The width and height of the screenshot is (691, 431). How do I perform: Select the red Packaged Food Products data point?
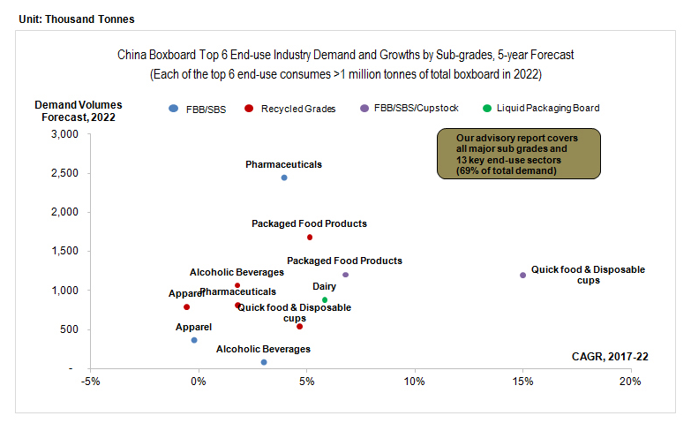coord(310,238)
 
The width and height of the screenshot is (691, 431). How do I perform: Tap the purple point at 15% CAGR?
coord(522,276)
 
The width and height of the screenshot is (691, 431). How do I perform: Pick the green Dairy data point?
coord(325,300)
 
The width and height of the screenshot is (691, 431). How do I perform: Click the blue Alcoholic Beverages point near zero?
coord(264,362)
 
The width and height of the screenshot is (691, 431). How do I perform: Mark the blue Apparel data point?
coord(194,340)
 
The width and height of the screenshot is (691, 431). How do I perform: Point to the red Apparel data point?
coord(186,307)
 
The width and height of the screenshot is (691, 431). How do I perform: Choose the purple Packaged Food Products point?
coord(345,275)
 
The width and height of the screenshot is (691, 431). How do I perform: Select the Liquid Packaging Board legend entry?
coord(541,109)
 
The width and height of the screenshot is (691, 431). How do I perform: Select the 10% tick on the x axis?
coord(414,382)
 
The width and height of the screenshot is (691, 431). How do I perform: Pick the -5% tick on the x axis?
coord(89,382)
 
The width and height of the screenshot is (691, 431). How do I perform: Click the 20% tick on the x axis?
coord(629,382)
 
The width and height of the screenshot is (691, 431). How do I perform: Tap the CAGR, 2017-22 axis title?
coord(610,357)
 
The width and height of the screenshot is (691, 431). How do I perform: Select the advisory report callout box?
coord(518,154)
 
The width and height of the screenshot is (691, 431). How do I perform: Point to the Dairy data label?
coord(324,287)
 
